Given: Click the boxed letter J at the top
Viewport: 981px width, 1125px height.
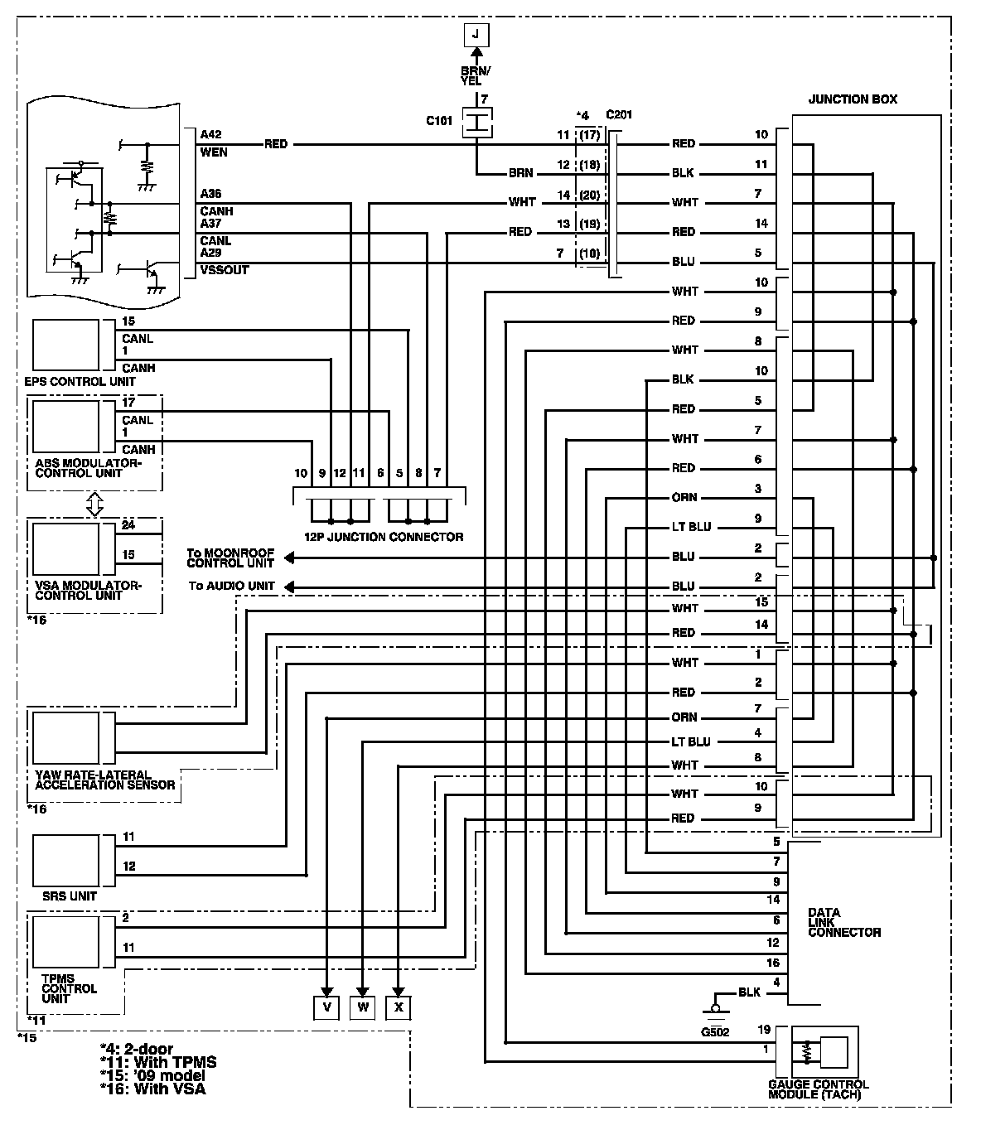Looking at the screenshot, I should (476, 35).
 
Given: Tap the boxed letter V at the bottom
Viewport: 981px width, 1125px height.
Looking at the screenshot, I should (327, 1007).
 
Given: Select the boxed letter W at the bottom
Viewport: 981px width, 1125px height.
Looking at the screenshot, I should (363, 1007).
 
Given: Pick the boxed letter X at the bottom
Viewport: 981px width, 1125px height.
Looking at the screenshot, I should (399, 1007).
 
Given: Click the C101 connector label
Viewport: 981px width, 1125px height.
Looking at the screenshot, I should (439, 121).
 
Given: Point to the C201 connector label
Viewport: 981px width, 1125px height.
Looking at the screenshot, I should (619, 114).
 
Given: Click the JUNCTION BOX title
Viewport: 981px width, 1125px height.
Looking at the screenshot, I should (853, 99).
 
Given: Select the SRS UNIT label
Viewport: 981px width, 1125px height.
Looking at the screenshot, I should (70, 896).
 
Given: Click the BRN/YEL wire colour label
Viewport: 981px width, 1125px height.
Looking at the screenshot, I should (476, 76).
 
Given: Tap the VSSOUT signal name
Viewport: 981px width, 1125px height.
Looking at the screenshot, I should (224, 270).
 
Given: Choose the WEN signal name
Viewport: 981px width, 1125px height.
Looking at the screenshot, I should (214, 152).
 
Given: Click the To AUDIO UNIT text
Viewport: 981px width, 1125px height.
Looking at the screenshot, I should (231, 586).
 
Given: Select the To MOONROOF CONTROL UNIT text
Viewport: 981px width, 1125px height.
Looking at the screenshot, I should (230, 558).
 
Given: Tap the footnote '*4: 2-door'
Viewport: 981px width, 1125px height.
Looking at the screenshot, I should (137, 1050).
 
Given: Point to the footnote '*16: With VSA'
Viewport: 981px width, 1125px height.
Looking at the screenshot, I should (152, 1089).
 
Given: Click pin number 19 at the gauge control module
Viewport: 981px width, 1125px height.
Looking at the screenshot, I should (764, 1030).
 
